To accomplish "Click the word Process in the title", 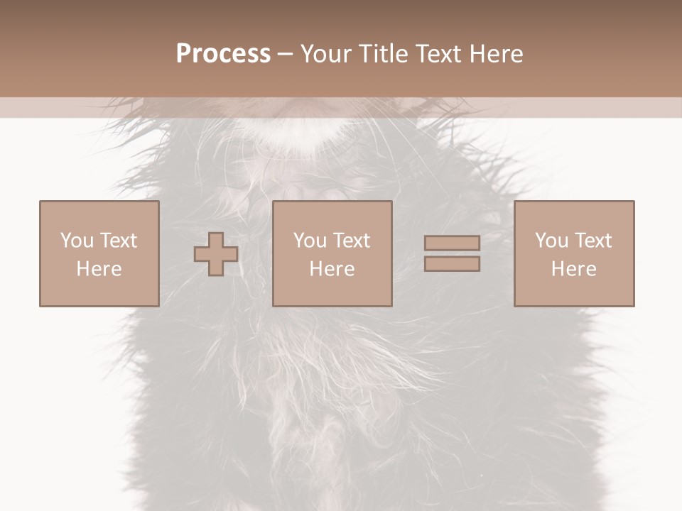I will click(223, 54).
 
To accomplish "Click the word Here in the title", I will click(496, 54).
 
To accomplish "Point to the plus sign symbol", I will click(216, 254).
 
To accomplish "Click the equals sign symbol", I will click(452, 253).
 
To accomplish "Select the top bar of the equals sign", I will click(452, 243).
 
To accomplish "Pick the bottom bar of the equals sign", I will click(452, 263).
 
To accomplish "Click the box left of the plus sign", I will click(99, 253).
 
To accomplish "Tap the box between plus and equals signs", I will click(332, 253).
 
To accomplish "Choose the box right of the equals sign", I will click(574, 253).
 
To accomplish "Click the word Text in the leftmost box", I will click(119, 241).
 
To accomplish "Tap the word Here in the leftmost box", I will click(99, 269).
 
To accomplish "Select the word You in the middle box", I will click(310, 241).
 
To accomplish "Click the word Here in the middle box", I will click(332, 269).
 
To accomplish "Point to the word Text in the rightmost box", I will click(593, 241).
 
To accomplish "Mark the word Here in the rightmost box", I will click(574, 269).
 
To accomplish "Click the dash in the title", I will click(285, 54).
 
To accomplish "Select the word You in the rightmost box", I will click(551, 241).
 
